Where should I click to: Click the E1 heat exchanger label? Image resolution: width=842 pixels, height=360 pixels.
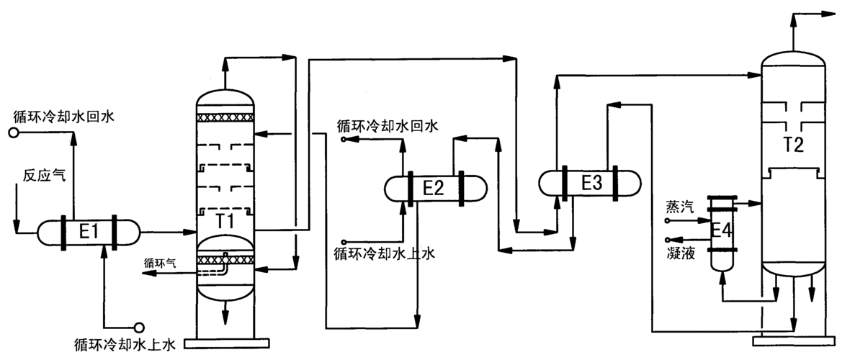coord(87,232)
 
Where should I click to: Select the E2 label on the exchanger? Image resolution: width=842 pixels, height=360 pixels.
coord(433,189)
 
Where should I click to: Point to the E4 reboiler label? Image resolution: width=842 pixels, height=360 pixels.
coord(721,230)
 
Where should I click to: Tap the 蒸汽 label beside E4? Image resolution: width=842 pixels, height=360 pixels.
coord(679,208)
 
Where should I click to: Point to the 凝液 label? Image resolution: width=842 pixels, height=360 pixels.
coord(681,253)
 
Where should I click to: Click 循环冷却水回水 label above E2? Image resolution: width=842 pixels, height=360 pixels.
coord(388,126)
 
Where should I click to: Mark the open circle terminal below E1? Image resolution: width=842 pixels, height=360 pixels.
coord(139,328)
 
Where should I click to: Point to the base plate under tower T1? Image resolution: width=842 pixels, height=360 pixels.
coord(225,341)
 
